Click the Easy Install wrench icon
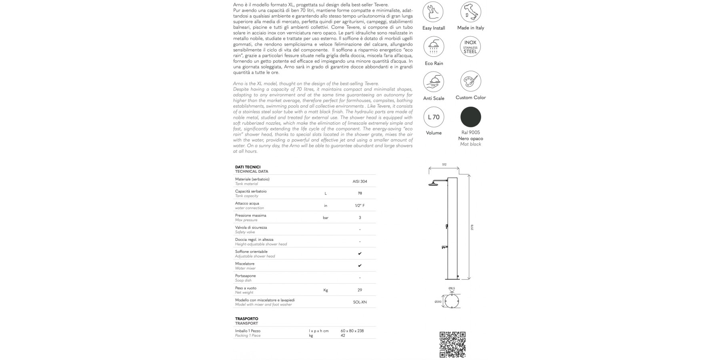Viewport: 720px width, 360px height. coord(433,12)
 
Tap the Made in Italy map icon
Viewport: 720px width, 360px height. coord(470,12)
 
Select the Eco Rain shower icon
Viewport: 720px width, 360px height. coord(433,47)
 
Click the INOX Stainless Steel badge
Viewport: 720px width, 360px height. coord(470,47)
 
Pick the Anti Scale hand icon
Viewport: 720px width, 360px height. coord(433,82)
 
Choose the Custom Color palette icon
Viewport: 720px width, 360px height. coord(470,82)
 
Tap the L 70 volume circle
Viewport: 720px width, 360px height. coord(434,117)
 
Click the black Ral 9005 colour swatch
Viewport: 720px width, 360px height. coord(470,117)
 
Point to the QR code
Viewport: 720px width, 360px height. coord(452,344)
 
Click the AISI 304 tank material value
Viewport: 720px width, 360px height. coord(360,182)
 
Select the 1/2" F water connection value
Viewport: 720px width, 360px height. coord(360,206)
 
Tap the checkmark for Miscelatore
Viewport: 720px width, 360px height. coord(360,266)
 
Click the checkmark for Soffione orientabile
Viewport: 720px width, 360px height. coord(360,254)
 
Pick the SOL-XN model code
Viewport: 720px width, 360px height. coord(360,302)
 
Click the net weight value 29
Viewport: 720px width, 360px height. coord(360,290)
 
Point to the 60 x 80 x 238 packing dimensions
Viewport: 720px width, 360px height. coord(352,331)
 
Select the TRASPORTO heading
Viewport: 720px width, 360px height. coord(246,319)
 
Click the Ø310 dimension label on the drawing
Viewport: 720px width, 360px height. coord(438,302)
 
